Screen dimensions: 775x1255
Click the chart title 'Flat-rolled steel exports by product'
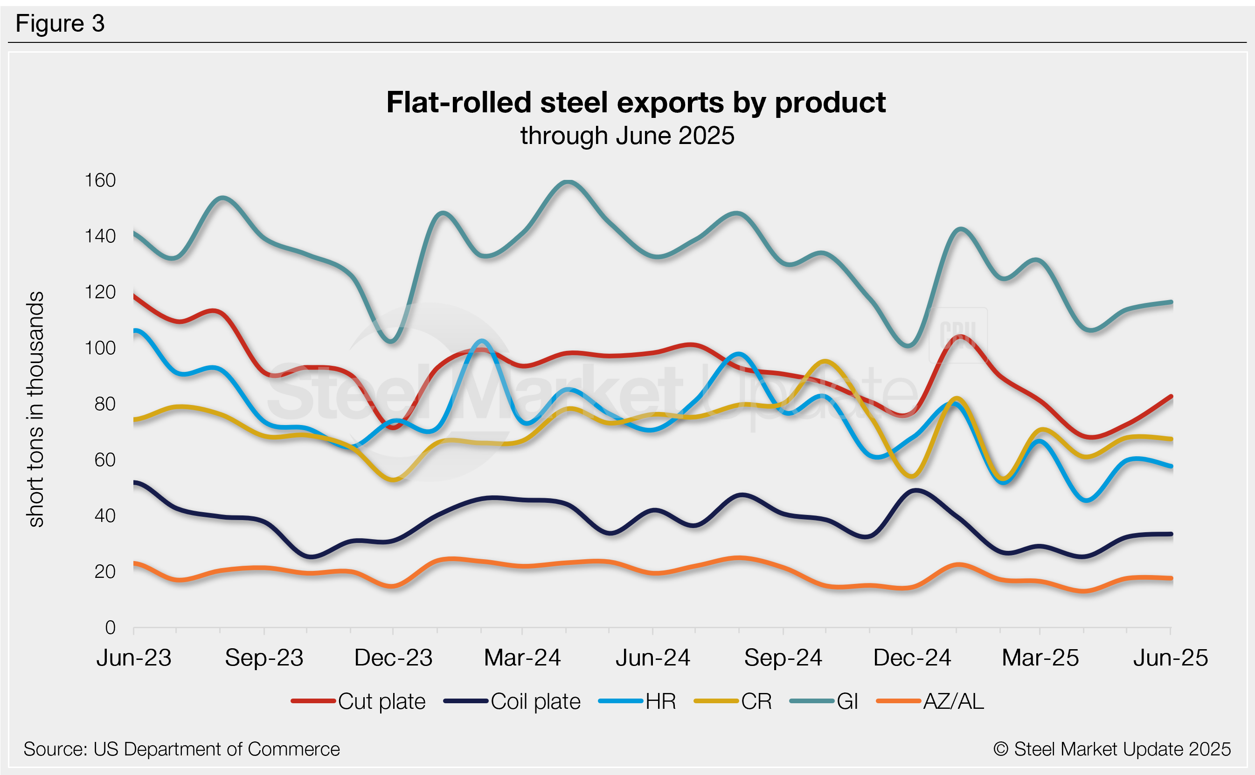tap(636, 103)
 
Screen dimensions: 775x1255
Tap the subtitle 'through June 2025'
tap(627, 136)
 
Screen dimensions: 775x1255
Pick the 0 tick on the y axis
tap(110, 627)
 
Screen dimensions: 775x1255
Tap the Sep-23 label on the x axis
tap(264, 658)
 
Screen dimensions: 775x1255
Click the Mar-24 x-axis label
tap(522, 658)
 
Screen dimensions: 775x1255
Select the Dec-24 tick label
tap(912, 658)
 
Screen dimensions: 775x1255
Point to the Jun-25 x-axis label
tap(1171, 658)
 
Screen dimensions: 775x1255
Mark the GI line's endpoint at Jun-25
tap(1171, 302)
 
